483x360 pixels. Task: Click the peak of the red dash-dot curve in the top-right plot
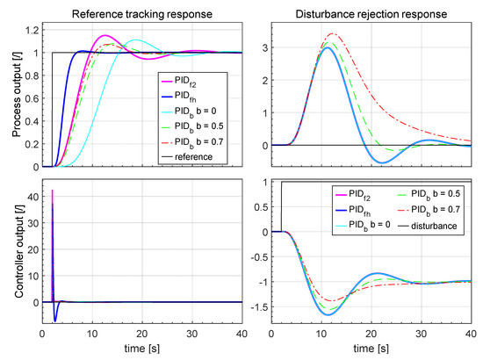point(331,33)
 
